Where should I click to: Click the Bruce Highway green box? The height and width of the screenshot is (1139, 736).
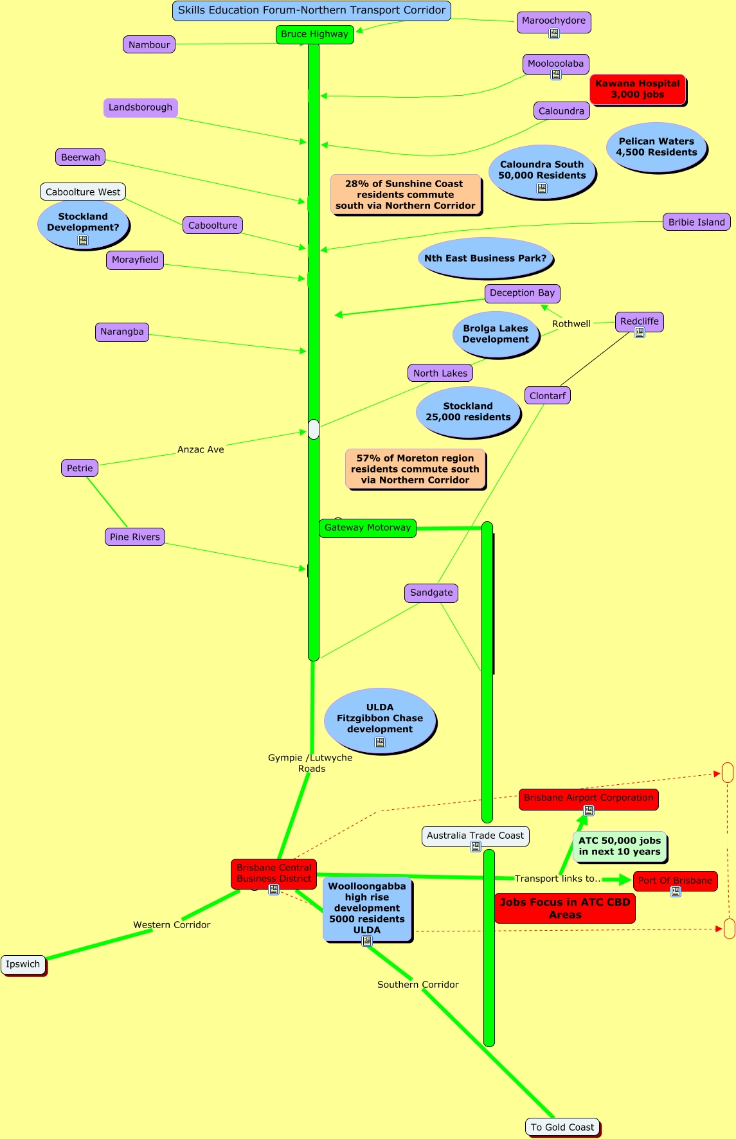(314, 34)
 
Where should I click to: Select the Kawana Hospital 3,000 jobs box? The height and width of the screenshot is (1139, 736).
(637, 89)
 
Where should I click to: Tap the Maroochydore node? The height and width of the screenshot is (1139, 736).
(553, 21)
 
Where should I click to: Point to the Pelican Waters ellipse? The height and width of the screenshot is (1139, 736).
(656, 147)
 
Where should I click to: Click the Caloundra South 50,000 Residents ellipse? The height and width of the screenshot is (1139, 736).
(542, 170)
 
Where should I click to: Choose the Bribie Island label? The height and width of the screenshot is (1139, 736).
(696, 222)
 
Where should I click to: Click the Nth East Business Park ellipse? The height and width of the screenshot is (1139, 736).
(485, 258)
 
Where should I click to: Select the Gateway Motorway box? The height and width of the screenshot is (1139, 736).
(367, 528)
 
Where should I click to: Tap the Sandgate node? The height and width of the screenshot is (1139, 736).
(431, 593)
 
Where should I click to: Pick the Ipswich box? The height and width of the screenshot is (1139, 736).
(23, 964)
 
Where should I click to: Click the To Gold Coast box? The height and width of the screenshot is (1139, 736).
(562, 1127)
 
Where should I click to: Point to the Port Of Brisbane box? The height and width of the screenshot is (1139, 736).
(675, 881)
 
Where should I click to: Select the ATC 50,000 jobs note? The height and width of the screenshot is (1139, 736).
(619, 846)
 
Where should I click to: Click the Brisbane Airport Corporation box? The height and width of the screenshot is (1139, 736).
(588, 798)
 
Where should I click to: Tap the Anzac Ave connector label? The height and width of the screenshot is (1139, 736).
(201, 450)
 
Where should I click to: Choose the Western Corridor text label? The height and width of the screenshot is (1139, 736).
(172, 925)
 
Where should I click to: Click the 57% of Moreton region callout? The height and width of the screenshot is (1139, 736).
(415, 469)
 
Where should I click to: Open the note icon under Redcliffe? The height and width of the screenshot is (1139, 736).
(640, 332)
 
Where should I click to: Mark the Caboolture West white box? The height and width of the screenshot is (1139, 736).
(83, 192)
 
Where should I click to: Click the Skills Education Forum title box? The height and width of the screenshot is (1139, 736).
(312, 10)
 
